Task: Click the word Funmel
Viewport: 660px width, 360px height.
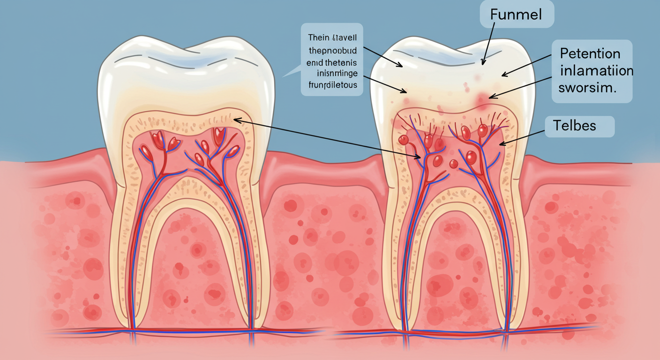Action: click(x=516, y=14)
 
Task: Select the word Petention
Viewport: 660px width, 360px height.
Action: click(x=590, y=54)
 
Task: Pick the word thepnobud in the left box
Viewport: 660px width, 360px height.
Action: click(x=331, y=49)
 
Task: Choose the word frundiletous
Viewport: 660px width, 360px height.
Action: click(x=332, y=85)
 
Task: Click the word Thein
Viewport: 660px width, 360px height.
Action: click(x=318, y=37)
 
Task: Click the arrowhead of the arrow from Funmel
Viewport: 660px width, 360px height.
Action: click(x=482, y=64)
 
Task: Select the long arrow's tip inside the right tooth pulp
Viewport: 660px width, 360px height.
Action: click(x=420, y=158)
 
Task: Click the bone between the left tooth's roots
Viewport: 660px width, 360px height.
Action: click(x=192, y=262)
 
